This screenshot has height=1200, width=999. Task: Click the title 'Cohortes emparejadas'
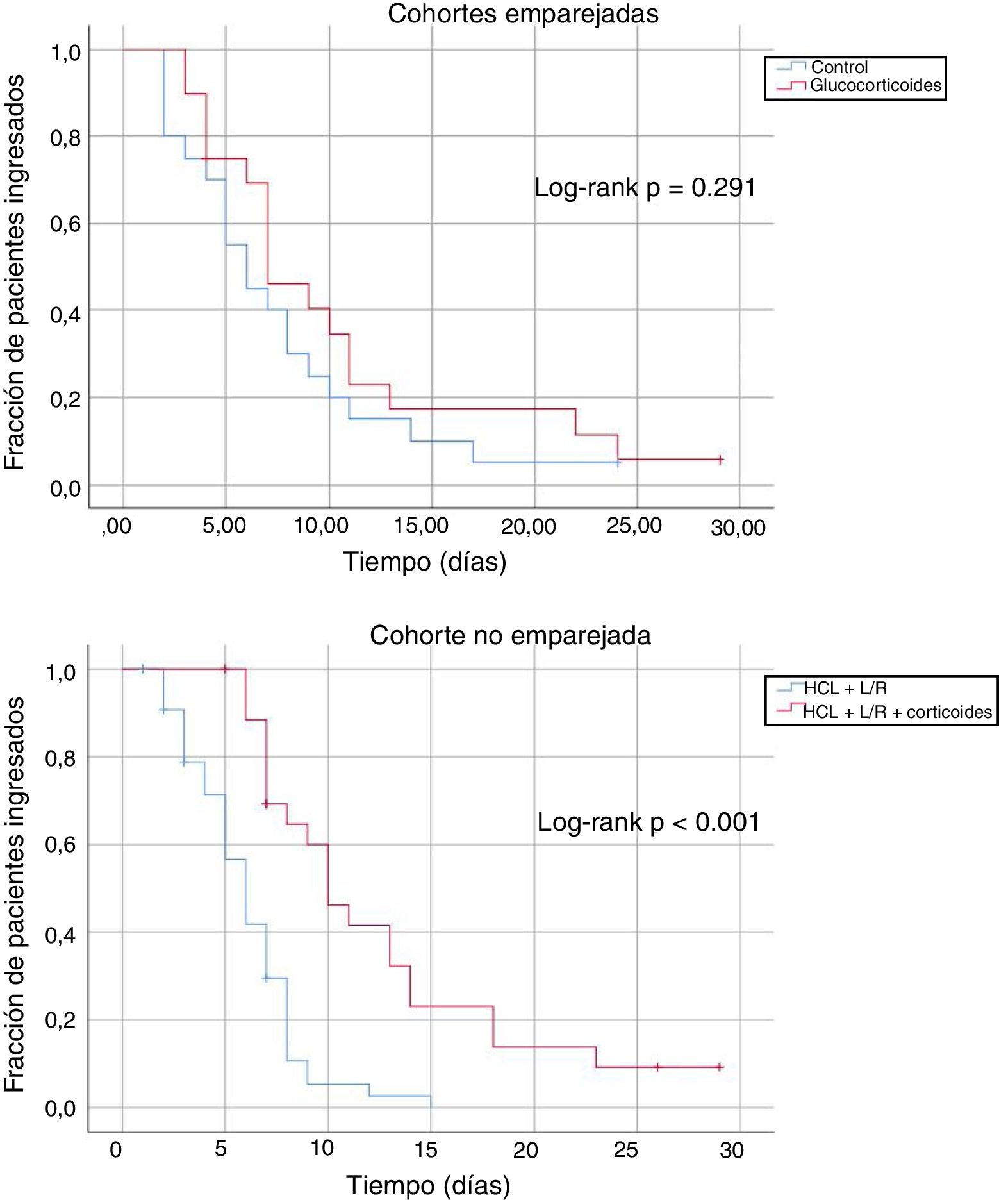click(x=523, y=14)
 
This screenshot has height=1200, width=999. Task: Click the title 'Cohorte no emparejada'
click(x=510, y=635)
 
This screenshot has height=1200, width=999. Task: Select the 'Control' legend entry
click(x=839, y=67)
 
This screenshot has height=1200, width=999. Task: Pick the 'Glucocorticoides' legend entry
click(x=875, y=85)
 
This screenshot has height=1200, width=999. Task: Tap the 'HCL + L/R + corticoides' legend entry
click(x=897, y=712)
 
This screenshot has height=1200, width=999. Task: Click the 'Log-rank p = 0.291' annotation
click(x=645, y=188)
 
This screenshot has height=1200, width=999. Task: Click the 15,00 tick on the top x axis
click(x=421, y=526)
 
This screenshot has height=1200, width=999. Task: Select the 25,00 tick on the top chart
click(x=634, y=526)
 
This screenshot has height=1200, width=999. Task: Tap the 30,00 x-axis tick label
click(x=738, y=528)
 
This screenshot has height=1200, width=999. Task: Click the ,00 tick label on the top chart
click(x=116, y=526)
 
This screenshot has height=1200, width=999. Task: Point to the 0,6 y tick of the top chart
click(x=65, y=224)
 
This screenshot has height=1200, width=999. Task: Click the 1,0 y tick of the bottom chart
click(x=60, y=672)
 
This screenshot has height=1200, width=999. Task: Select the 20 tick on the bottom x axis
click(x=525, y=1150)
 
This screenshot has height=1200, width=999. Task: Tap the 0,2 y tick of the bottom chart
click(x=60, y=1020)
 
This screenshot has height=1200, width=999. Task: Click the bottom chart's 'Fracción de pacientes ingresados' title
click(x=14, y=894)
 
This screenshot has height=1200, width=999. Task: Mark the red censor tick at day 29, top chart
click(x=720, y=460)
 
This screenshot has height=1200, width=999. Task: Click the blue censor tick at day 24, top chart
click(x=618, y=463)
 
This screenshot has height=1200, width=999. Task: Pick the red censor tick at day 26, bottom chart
click(x=657, y=1067)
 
